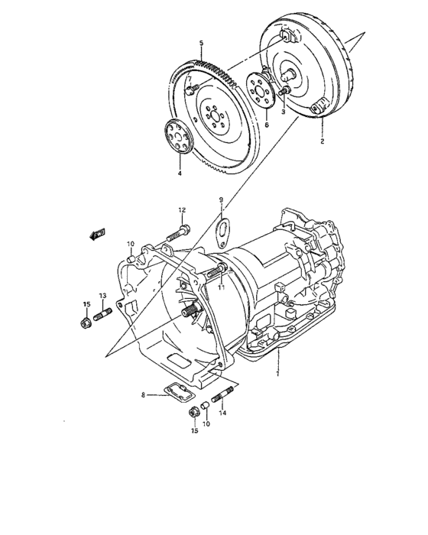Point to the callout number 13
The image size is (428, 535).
click(102, 296)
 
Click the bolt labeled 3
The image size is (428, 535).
click(284, 92)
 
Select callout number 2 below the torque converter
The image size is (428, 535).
click(322, 142)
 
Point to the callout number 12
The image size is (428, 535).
click(183, 209)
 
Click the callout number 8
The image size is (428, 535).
click(142, 394)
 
